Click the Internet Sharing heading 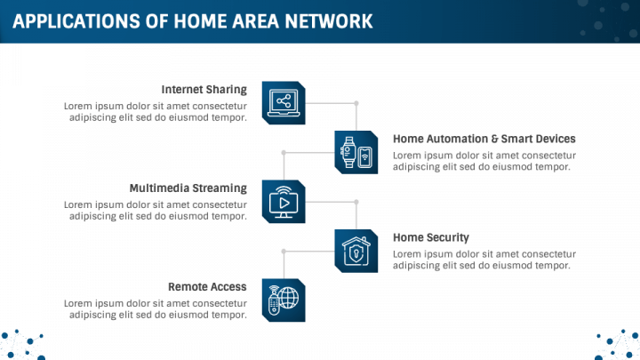[204, 90]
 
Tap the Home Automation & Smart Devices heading [484, 139]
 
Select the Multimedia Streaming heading [188, 188]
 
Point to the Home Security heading [430, 237]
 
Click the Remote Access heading [207, 287]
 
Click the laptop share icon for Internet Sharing [284, 101]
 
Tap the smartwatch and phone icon [356, 151]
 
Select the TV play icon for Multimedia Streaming [284, 201]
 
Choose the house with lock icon [356, 250]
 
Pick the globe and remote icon [284, 300]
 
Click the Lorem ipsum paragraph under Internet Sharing [156, 112]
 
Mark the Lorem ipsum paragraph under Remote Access [156, 309]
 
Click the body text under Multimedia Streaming [156, 211]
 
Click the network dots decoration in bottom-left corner [22, 344]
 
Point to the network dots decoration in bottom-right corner [618, 344]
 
